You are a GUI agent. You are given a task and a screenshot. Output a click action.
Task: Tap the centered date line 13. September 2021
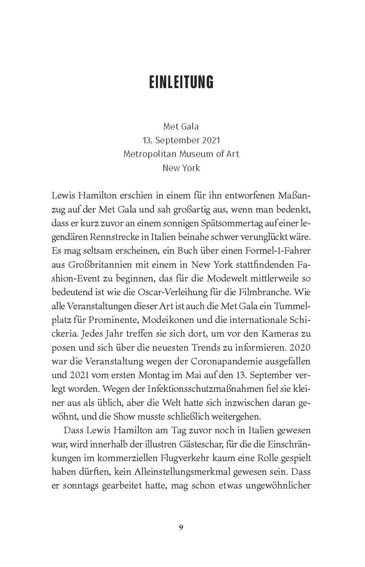[181, 140]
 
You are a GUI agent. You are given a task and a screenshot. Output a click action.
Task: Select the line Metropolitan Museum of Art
[181, 154]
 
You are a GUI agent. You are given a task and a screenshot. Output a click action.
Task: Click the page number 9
[181, 528]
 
